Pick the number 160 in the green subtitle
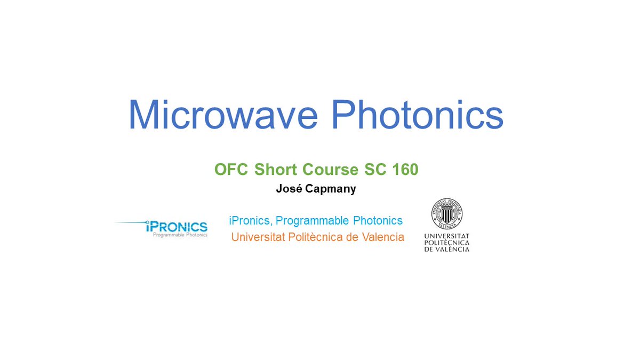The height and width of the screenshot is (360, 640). tap(405, 170)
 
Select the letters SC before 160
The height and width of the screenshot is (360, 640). tap(375, 170)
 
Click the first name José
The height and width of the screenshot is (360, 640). tap(288, 188)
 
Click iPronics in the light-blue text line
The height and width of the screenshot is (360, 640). tap(250, 220)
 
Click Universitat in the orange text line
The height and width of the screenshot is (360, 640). tap(258, 237)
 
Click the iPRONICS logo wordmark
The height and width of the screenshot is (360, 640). tap(176, 227)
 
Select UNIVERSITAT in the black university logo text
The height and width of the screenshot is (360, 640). tap(447, 235)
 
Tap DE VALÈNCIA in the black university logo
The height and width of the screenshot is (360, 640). tap(447, 249)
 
